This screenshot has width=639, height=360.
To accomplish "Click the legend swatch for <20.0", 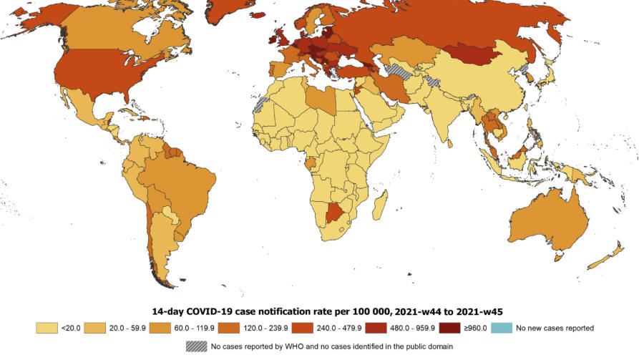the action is (47, 329).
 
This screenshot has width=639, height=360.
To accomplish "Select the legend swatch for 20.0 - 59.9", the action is (95, 329).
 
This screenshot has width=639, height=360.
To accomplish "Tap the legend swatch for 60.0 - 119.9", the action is (160, 329).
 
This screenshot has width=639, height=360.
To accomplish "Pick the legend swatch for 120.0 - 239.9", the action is (228, 329).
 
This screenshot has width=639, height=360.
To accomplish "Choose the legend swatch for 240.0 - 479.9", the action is (303, 329).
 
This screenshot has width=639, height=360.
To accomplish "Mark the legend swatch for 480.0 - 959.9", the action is (376, 329).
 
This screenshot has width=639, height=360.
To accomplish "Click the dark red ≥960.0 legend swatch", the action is (449, 329).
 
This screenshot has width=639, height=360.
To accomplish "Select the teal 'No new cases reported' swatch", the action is (502, 329).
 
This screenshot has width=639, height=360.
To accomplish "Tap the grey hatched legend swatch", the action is (197, 346).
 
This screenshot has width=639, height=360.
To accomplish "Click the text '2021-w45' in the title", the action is (479, 312).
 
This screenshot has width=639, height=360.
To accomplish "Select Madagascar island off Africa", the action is (380, 207).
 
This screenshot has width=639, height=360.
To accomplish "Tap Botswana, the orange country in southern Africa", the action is (336, 212).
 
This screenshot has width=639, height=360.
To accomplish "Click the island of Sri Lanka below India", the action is (450, 144).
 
